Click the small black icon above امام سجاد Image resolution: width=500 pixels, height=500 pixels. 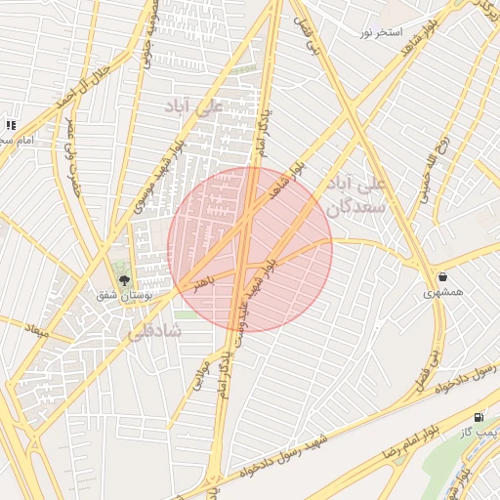pyautogui.click(x=11, y=125)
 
